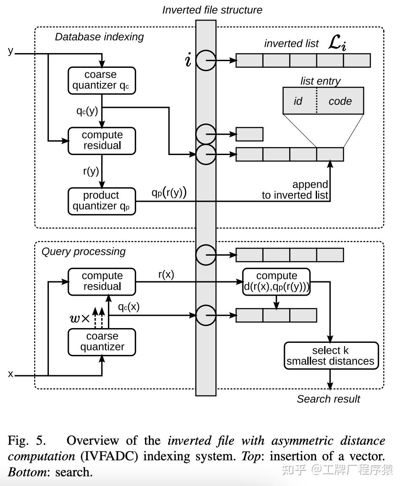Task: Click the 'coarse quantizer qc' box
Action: [x=102, y=80]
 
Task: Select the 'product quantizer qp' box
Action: [x=102, y=201]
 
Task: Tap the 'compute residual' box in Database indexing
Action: [x=102, y=141]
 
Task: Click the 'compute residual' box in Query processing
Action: [x=102, y=282]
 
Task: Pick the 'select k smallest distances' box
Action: [x=331, y=355]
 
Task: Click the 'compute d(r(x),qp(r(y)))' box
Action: [x=277, y=282]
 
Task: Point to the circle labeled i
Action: [x=206, y=61]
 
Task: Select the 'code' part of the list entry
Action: [x=340, y=101]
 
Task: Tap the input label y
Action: [x=11, y=51]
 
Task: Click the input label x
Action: [x=11, y=374]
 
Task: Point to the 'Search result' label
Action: [x=328, y=398]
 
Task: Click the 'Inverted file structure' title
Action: [x=212, y=10]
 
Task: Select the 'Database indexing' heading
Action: [x=99, y=37]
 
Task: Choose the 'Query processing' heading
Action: [x=83, y=251]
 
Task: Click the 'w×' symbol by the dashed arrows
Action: [x=80, y=318]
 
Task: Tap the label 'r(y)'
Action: [x=91, y=171]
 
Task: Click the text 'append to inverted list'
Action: [x=295, y=190]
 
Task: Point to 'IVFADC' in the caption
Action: [x=109, y=456]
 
